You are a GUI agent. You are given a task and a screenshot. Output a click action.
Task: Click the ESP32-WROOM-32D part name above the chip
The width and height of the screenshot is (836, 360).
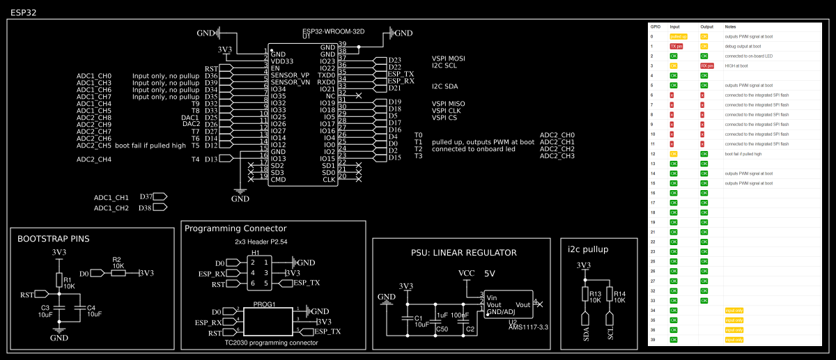click(334, 31)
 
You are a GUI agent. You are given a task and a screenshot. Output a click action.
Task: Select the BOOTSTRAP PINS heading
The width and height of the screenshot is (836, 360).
click(53, 239)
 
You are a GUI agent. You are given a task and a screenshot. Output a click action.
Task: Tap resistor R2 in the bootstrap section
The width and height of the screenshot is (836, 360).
click(118, 273)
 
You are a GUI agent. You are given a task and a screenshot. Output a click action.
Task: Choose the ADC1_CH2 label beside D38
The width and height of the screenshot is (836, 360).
click(111, 208)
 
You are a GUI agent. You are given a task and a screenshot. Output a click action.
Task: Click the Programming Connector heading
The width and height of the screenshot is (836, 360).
click(235, 228)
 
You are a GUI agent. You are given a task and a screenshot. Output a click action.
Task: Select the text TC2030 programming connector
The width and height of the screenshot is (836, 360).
click(272, 343)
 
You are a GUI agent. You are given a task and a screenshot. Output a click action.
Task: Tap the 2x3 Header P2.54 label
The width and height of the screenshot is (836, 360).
click(261, 242)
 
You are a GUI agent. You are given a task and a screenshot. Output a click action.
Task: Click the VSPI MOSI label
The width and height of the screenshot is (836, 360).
click(448, 58)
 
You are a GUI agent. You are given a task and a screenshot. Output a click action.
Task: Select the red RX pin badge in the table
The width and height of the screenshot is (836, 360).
click(707, 65)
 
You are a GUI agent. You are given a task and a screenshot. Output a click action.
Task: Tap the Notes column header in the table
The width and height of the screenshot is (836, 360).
click(730, 26)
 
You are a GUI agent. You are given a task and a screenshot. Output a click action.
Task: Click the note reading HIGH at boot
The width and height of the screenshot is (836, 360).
click(736, 65)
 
